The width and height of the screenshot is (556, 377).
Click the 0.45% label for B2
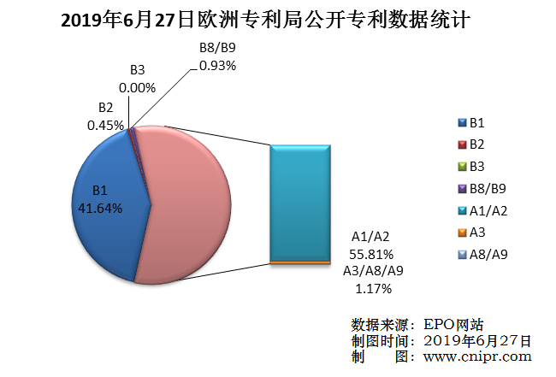coord(105,124)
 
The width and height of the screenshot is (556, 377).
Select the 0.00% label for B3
coord(137,87)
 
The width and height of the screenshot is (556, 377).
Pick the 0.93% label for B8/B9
coord(217,64)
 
